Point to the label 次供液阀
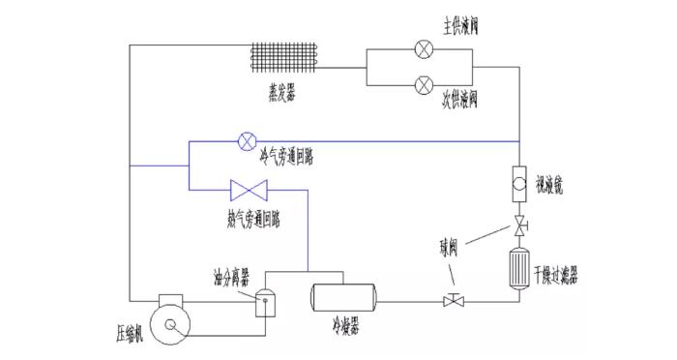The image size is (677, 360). pyautogui.click(x=460, y=98)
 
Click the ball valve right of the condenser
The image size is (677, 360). pyautogui.click(x=452, y=301)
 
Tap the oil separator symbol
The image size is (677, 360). pyautogui.click(x=262, y=303)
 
